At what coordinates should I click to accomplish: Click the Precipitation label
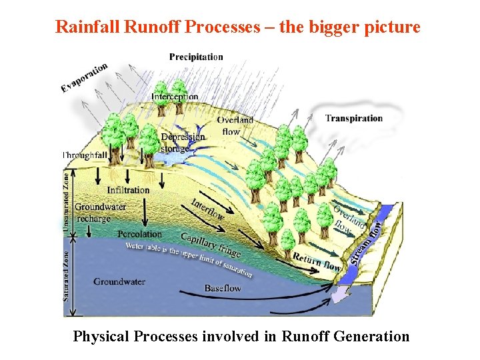pyautogui.click(x=196, y=57)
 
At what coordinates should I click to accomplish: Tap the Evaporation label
pyautogui.click(x=85, y=78)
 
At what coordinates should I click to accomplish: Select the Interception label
pyautogui.click(x=175, y=97)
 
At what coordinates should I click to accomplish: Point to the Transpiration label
pyautogui.click(x=354, y=119)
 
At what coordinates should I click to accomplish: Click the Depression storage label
pyautogui.click(x=183, y=142)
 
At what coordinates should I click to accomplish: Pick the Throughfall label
pyautogui.click(x=85, y=155)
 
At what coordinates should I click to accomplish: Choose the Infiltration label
pyautogui.click(x=129, y=190)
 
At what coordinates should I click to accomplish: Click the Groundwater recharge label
pyautogui.click(x=100, y=213)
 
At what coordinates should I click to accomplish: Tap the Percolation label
pyautogui.click(x=139, y=234)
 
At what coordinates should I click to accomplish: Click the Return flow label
pyautogui.click(x=317, y=261)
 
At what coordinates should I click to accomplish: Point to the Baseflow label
pyautogui.click(x=223, y=289)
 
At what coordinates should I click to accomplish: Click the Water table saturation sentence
pyautogui.click(x=189, y=257)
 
